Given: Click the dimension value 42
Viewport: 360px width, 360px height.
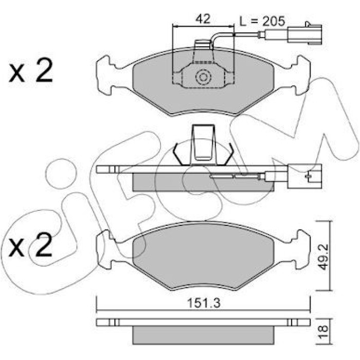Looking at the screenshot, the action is click(x=203, y=19).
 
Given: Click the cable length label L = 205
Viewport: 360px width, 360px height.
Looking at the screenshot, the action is click(x=262, y=21).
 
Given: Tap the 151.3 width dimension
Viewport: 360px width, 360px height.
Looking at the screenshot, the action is click(x=204, y=303).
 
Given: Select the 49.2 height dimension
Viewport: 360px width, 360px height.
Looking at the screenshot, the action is click(x=324, y=257).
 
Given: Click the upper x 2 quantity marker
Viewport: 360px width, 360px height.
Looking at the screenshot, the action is click(x=31, y=70).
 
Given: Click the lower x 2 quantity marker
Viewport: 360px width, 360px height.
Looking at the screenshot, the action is click(x=30, y=245).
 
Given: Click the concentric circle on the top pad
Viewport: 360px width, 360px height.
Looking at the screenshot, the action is click(x=203, y=77).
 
